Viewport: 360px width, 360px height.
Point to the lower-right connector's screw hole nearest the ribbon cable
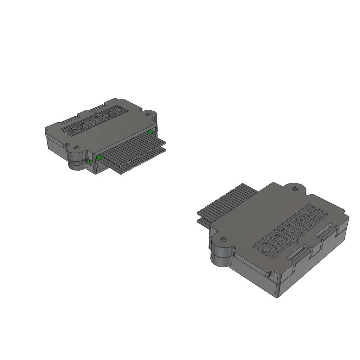pyautogui.click(x=295, y=189)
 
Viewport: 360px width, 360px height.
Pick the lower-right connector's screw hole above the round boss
pyautogui.click(x=222, y=240)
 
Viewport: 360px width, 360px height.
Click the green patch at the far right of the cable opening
pyautogui.click(x=151, y=132)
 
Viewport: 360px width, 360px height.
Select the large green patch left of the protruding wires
pyautogui.click(x=100, y=158)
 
